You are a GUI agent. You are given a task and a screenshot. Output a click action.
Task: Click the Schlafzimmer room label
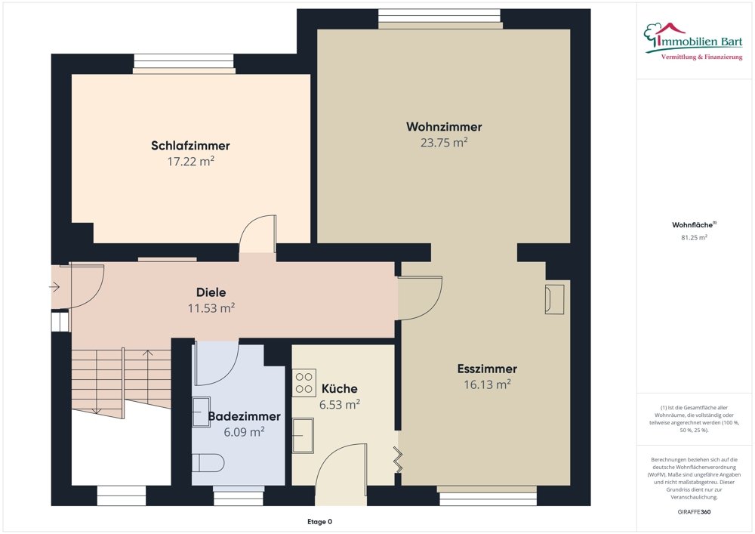190,146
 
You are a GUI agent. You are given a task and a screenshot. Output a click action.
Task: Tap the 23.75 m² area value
443,142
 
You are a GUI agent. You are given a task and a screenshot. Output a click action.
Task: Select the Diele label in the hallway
211,292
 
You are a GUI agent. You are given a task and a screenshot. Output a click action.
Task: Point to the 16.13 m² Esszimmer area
487,384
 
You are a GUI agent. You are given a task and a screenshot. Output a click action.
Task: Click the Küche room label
340,388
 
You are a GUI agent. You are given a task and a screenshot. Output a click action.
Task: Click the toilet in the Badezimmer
208,462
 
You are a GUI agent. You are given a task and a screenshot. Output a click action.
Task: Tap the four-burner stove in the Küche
304,383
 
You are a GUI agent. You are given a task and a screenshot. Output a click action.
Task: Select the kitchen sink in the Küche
304,436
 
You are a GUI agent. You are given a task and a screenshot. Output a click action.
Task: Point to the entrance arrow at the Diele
55,287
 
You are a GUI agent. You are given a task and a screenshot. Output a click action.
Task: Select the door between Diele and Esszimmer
420,297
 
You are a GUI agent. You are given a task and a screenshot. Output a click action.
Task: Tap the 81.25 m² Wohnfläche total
694,237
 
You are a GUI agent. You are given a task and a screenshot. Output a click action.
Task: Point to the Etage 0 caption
319,521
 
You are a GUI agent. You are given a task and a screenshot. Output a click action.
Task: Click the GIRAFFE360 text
694,511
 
